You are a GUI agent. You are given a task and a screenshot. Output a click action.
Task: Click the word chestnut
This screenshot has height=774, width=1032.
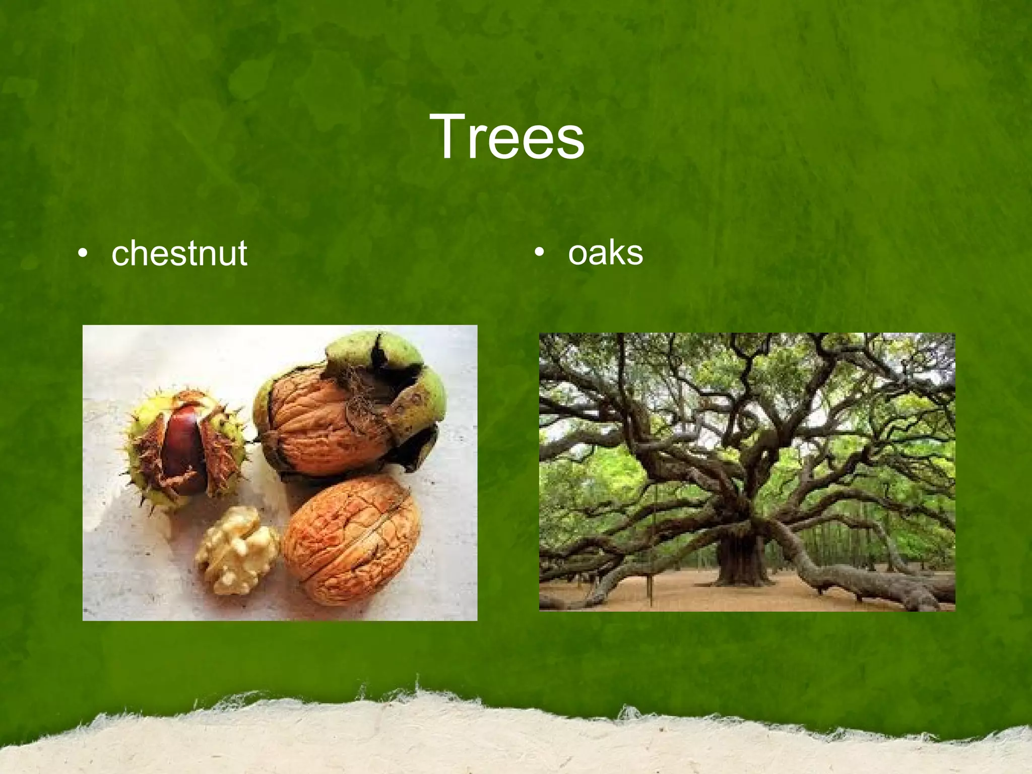coord(179,253)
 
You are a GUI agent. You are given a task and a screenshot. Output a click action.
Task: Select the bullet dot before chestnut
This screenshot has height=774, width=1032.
coord(83,253)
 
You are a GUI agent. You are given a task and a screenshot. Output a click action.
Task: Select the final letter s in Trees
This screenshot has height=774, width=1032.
coord(570,143)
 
